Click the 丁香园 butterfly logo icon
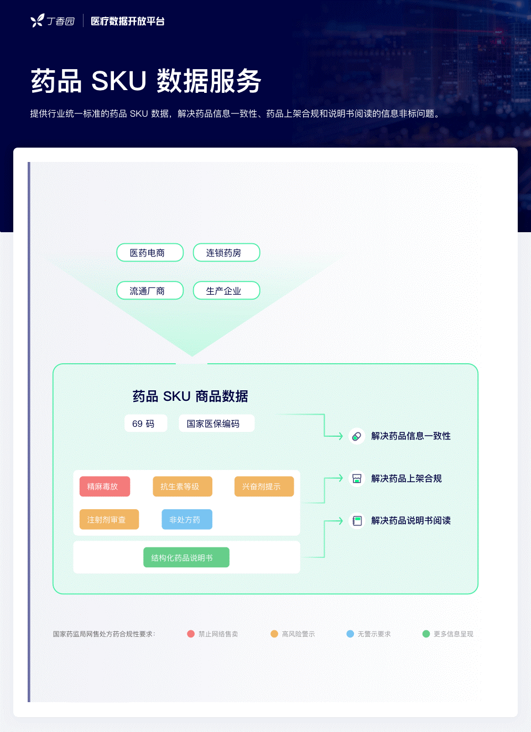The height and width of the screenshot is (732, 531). [37, 20]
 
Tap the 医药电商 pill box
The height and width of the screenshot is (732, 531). [150, 252]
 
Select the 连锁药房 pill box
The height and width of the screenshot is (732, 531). [227, 252]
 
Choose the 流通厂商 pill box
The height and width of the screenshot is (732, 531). [150, 290]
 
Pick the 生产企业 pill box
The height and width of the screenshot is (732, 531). [227, 290]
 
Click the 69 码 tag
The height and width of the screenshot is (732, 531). [146, 423]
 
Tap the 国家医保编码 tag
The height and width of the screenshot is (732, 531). [216, 423]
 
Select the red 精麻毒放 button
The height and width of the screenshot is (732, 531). [105, 487]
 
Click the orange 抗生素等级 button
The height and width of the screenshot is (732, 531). [183, 487]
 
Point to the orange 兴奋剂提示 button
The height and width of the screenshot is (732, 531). [264, 487]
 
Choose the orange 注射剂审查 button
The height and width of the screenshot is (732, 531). [109, 519]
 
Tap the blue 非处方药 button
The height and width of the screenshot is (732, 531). [187, 519]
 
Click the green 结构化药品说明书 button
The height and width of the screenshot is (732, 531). [186, 557]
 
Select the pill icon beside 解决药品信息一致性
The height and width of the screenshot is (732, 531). [357, 436]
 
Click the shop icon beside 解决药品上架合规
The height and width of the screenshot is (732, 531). [357, 478]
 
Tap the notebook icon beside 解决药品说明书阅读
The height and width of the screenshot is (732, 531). [357, 520]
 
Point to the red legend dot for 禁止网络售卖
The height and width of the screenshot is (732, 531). [191, 634]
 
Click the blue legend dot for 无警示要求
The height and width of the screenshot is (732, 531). [350, 634]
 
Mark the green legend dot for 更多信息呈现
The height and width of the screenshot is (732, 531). [426, 634]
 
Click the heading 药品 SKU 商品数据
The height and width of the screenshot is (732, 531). [190, 396]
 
